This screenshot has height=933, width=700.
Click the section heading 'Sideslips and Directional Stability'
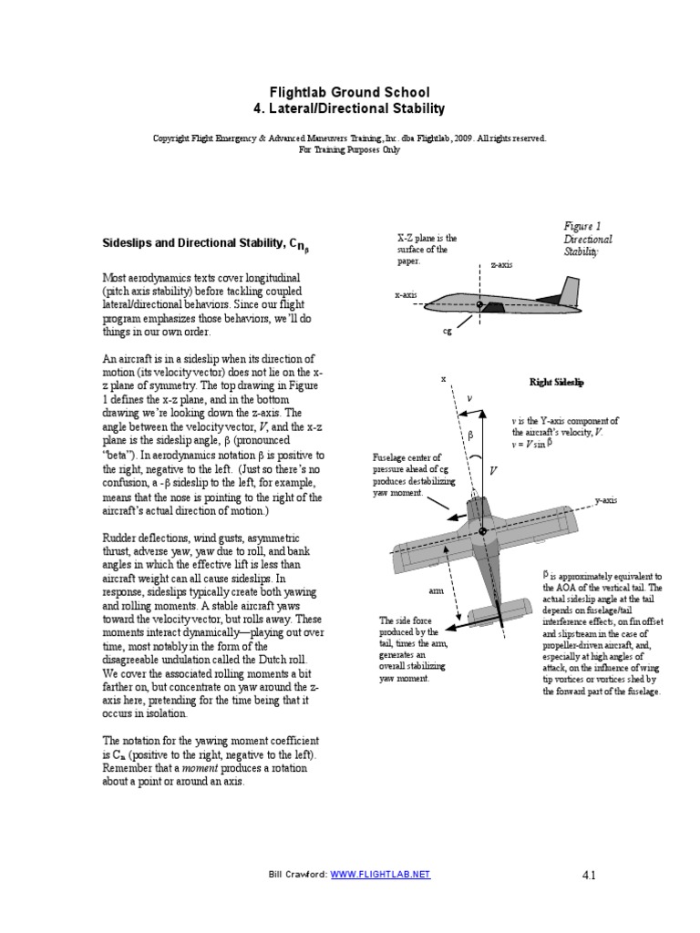(190, 243)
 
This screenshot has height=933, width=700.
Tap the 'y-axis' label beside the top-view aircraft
(608, 500)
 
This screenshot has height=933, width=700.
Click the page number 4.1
(587, 876)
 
